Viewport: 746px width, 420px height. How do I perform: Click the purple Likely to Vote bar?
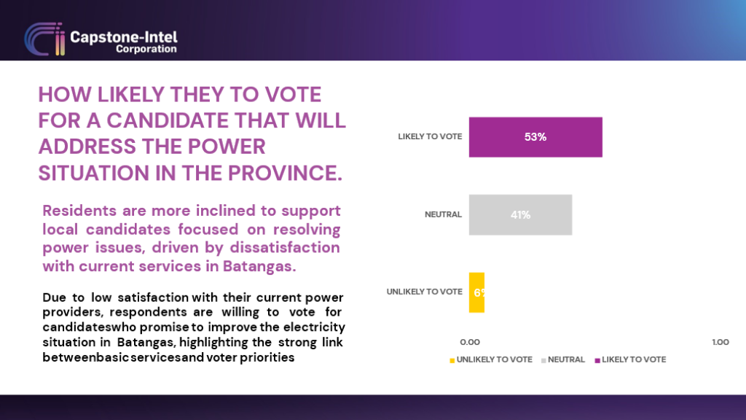[x=535, y=137]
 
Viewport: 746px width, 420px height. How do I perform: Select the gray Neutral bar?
[x=520, y=215]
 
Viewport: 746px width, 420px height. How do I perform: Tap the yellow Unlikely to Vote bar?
[x=476, y=292]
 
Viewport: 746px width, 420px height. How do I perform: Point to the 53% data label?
[x=535, y=137]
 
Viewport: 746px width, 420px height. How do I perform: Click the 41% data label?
[x=520, y=215]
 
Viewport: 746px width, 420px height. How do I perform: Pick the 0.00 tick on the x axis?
[x=470, y=342]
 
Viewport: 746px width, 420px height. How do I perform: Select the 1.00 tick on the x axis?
[x=721, y=342]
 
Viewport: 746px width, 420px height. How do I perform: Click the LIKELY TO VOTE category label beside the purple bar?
[x=430, y=136]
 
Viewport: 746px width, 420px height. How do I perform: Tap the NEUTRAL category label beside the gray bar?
[x=443, y=215]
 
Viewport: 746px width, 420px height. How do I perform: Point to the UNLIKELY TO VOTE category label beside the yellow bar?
[x=425, y=292]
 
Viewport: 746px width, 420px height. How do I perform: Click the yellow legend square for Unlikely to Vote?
[x=452, y=360]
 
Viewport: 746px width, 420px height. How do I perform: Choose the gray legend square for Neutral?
[x=543, y=360]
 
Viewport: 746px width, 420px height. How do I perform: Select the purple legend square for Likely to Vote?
[x=597, y=360]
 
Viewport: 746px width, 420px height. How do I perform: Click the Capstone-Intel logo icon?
[x=44, y=39]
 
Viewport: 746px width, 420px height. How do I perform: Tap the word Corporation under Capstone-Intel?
[x=146, y=49]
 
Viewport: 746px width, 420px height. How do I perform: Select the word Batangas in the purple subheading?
[x=259, y=266]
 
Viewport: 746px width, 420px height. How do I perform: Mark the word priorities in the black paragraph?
[x=267, y=357]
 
